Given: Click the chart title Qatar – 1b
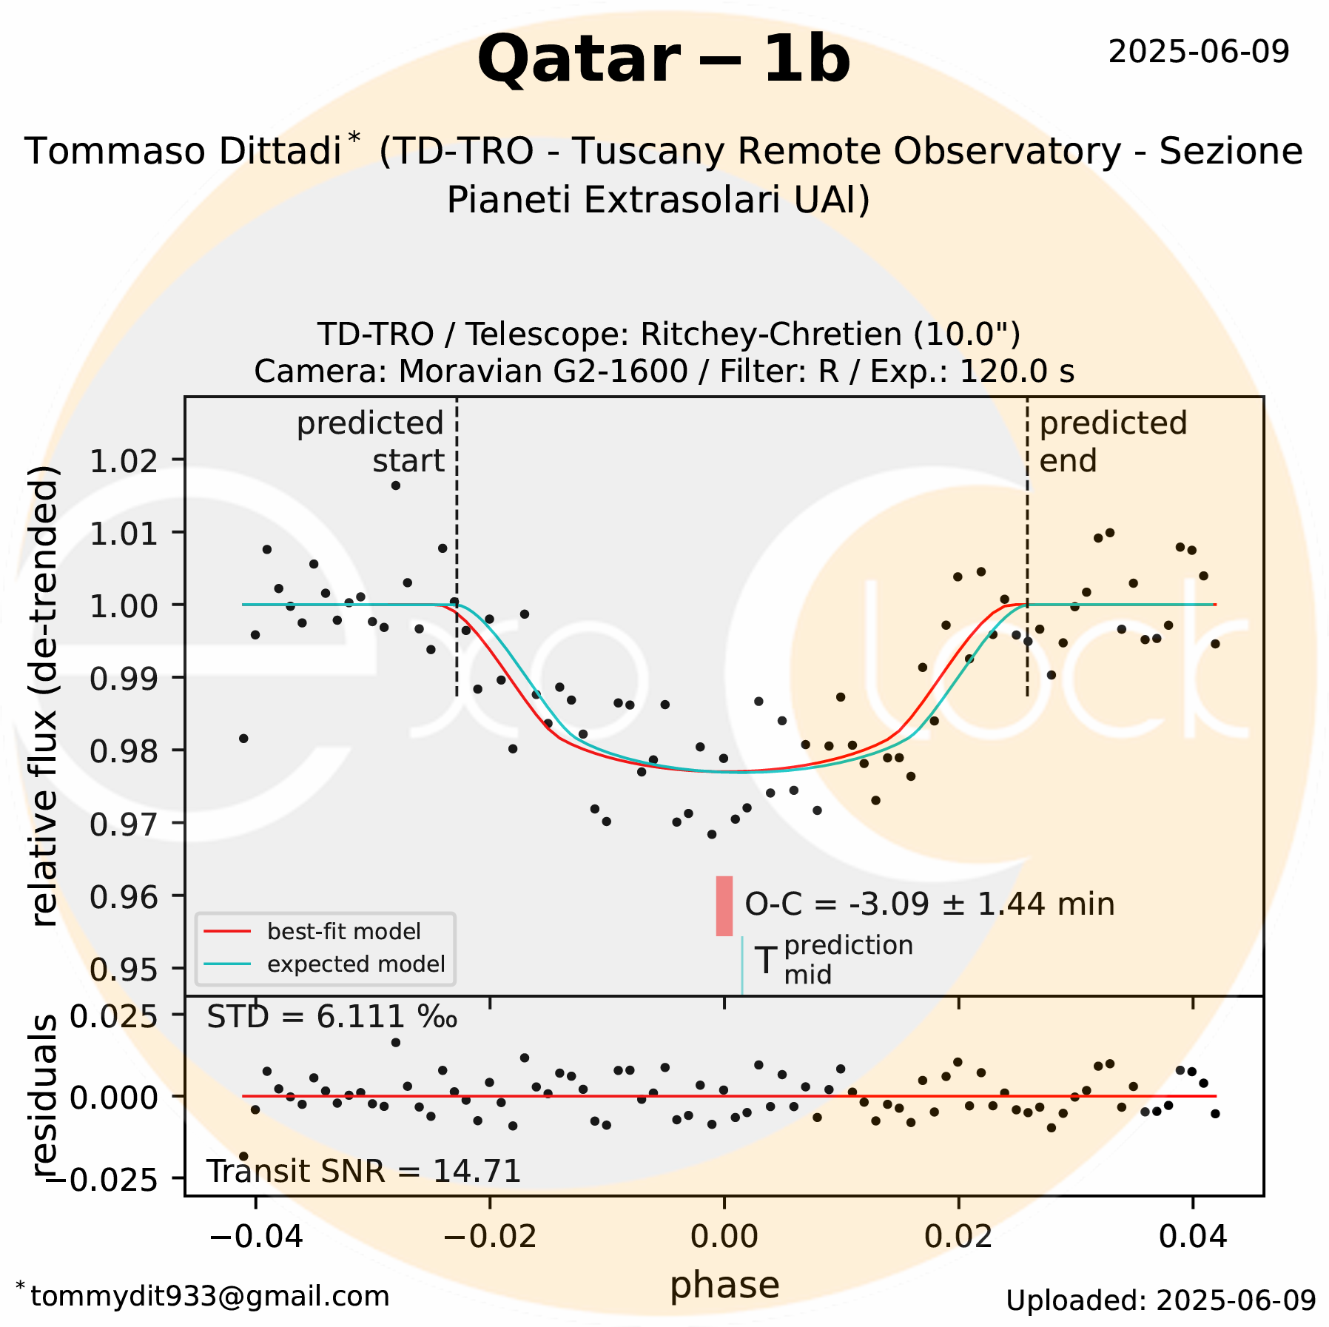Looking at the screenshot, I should point(664,59).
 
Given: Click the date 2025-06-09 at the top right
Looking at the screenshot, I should point(1199,52).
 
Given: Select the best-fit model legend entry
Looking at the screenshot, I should point(343,931).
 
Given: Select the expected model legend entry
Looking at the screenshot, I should point(355,964).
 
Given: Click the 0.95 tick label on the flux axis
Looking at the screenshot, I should point(124,968).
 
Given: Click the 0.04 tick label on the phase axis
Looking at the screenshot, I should point(1192,1237).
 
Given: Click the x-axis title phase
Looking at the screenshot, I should point(724,1285).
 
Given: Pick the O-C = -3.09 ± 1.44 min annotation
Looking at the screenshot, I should point(929,904).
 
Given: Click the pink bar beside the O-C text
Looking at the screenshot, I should point(724,905).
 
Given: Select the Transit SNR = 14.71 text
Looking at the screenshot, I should point(363,1172).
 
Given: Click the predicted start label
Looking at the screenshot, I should point(371,442).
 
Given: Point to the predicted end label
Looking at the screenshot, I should point(1112,442).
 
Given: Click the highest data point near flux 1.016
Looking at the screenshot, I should point(396,486).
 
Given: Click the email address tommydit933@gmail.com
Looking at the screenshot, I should point(209,1296).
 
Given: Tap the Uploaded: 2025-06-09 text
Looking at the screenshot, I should point(1160,1300).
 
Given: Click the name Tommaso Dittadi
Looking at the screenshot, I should point(183,151).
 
